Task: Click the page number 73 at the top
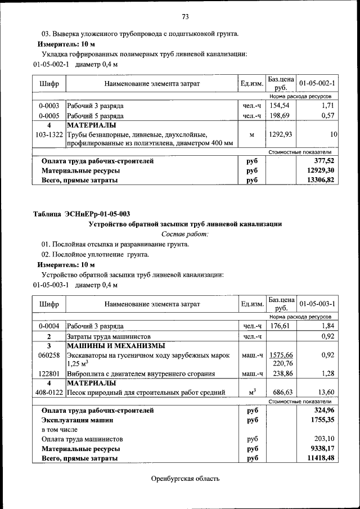(184, 16)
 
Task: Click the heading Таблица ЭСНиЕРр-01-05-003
(82, 214)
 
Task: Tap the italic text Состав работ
(185, 233)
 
